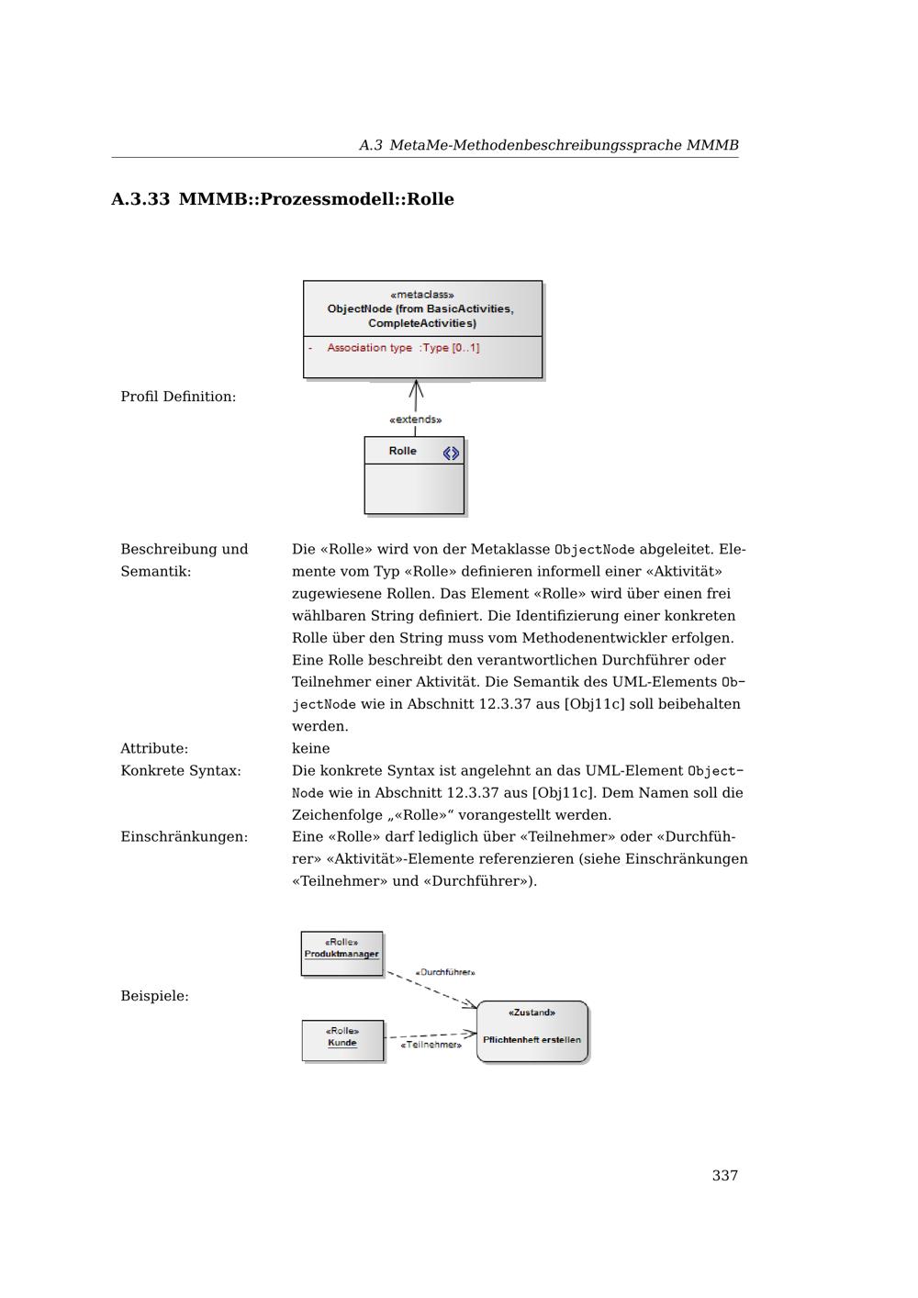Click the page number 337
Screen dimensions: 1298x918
[x=724, y=1176]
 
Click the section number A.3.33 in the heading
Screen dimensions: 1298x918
[x=140, y=199]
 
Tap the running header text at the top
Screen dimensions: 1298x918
[x=548, y=145]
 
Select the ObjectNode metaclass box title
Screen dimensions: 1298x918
[x=421, y=309]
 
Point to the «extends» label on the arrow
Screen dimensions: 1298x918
[x=415, y=420]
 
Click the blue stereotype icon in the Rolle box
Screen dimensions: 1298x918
[x=451, y=453]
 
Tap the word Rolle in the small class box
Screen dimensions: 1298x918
[x=402, y=451]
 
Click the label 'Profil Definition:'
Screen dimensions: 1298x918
[x=178, y=397]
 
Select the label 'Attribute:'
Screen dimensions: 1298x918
[x=154, y=748]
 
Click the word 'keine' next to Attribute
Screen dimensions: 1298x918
[x=310, y=748]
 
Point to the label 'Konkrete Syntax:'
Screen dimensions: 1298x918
[x=181, y=770]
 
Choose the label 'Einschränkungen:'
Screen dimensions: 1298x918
[x=184, y=836]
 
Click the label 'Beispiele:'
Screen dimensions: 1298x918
[x=154, y=996]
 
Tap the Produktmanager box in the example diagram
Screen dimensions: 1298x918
[x=341, y=954]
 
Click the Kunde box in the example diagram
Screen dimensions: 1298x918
[x=342, y=1041]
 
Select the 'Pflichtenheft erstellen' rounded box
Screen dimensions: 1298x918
[x=532, y=1032]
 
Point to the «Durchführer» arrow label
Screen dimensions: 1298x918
[x=445, y=972]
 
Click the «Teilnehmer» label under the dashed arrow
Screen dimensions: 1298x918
[x=431, y=1045]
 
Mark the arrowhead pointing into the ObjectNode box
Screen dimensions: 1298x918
[x=416, y=386]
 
